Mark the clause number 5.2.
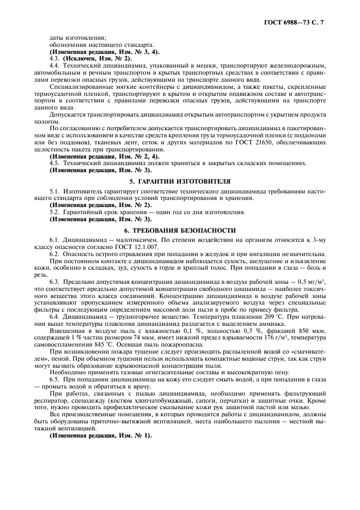coord(54,212)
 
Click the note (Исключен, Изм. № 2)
coord(97,57)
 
